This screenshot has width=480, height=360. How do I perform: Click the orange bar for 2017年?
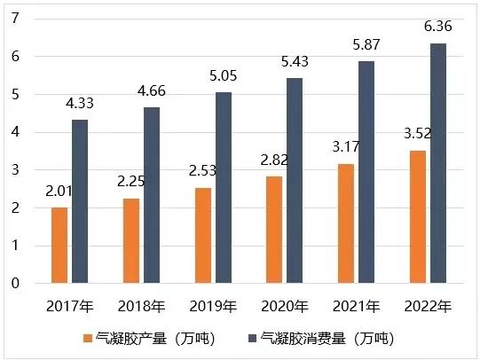pyautogui.click(x=59, y=246)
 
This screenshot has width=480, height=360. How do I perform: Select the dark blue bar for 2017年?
pyautogui.click(x=80, y=201)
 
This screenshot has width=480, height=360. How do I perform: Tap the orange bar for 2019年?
pyautogui.click(x=203, y=236)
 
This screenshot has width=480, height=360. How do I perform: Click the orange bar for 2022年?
pyautogui.click(x=418, y=217)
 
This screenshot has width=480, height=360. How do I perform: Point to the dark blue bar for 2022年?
pyautogui.click(x=438, y=163)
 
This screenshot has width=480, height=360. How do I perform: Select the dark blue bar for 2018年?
pyautogui.click(x=152, y=195)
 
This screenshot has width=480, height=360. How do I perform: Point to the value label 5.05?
pyautogui.click(x=224, y=77)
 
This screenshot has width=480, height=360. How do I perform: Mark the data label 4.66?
pyautogui.click(x=152, y=92)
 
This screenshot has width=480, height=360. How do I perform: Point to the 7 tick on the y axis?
pyautogui.click(x=14, y=19)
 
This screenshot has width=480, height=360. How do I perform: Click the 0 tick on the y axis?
pyautogui.click(x=14, y=284)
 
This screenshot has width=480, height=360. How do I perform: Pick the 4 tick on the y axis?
pyautogui.click(x=14, y=132)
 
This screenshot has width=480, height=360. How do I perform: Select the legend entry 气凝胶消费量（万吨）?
pyautogui.click(x=327, y=339)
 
